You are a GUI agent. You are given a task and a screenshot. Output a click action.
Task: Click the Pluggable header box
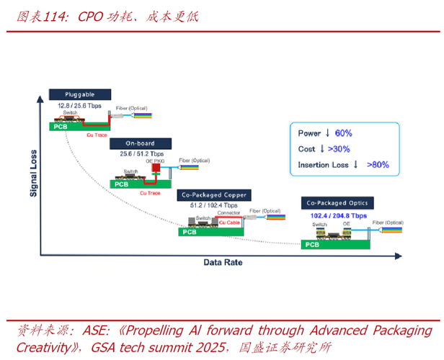pyautogui.click(x=80, y=94)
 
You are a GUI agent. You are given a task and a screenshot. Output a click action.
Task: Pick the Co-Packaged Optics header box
pyautogui.click(x=337, y=204)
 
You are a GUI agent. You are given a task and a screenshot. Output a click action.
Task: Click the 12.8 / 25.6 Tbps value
pyautogui.click(x=80, y=105)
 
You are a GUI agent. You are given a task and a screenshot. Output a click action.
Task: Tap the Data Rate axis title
pyautogui.click(x=222, y=263)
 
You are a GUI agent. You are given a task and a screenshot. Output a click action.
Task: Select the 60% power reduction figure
pyautogui.click(x=343, y=133)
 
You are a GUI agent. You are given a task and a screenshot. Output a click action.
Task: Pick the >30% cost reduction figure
pyautogui.click(x=339, y=149)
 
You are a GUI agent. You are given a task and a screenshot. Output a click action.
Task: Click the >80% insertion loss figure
pyautogui.click(x=378, y=165)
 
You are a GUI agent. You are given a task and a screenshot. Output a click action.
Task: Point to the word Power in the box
pyautogui.click(x=310, y=133)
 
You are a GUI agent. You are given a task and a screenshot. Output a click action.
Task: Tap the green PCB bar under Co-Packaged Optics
pyautogui.click(x=335, y=244)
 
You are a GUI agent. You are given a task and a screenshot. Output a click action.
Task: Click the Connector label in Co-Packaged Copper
pyautogui.click(x=228, y=213)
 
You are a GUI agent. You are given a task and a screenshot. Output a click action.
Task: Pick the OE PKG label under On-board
pyautogui.click(x=154, y=161)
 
